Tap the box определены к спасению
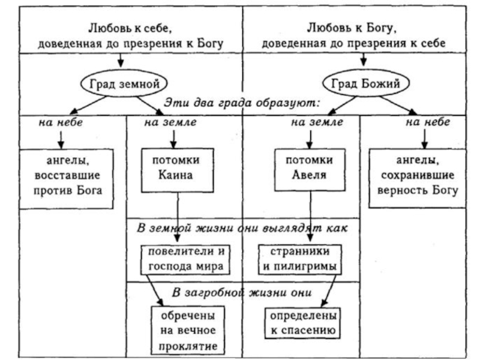coord(301,322)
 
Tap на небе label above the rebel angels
coord(61,122)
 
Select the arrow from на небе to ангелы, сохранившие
coord(423,137)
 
